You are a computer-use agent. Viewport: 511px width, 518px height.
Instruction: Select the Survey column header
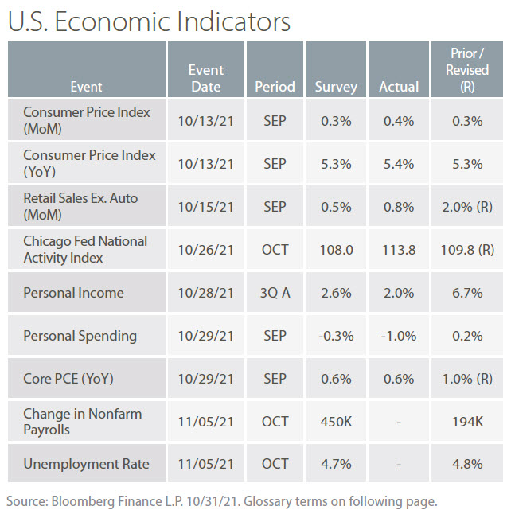coord(336,86)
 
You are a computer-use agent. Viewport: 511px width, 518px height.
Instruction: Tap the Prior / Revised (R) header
coord(466,69)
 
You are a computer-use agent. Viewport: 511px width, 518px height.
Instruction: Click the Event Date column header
coord(205,78)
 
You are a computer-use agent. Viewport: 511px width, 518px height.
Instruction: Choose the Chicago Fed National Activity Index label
coord(85,249)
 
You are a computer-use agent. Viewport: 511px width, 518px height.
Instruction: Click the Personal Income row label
coord(73,293)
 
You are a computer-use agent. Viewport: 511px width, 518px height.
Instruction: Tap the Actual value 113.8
coord(398,250)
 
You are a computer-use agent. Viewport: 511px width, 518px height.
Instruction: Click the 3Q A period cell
coord(275,293)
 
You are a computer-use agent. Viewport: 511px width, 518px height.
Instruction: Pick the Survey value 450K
coord(336,421)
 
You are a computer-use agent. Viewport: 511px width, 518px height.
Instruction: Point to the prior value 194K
coord(466,421)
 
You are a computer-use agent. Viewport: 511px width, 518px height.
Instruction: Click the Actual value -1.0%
coord(398,336)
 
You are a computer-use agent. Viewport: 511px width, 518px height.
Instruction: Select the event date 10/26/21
coord(205,250)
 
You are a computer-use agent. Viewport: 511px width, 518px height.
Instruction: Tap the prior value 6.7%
coord(466,293)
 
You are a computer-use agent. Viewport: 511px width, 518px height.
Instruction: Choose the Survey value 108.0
coord(336,250)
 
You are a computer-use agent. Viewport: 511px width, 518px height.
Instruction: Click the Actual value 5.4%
coord(398,164)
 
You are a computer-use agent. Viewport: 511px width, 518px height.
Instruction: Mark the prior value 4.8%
coord(466,464)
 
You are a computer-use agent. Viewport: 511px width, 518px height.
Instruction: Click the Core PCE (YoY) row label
coord(68,379)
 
